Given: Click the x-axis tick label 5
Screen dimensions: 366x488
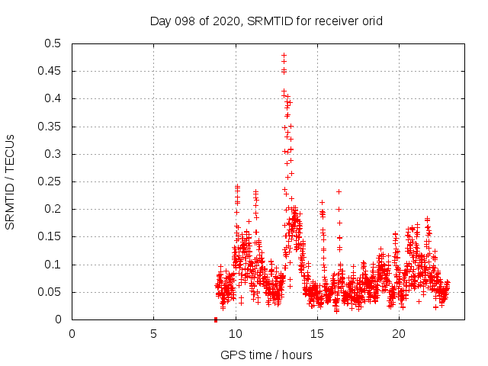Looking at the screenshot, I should coord(153,333).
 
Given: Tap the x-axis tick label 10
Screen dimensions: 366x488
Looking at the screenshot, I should coord(235,333).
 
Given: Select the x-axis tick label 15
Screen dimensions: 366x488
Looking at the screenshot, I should coord(316,333).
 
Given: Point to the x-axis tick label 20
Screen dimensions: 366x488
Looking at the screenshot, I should coord(398,333).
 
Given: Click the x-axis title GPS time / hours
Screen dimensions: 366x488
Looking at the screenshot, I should coord(266,355).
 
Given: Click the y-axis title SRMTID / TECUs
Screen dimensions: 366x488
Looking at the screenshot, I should coord(11,181).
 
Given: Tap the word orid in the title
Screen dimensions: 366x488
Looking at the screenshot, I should coord(371,21).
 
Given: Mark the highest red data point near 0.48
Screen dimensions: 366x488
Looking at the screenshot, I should coord(284,56).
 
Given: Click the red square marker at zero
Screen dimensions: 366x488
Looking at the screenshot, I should coord(216,319).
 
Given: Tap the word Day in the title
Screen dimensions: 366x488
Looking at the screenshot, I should coord(159,21).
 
